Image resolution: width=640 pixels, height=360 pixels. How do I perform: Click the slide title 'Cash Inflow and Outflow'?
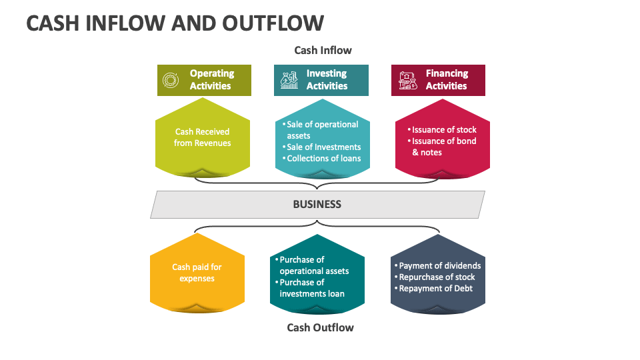click(x=175, y=23)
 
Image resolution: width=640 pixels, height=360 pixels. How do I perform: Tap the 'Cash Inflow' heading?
click(x=323, y=50)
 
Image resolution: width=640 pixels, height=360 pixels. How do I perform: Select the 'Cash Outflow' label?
click(x=320, y=327)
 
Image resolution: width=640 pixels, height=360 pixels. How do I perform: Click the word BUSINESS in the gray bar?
click(x=317, y=204)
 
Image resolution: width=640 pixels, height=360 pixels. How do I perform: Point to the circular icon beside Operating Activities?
click(x=170, y=80)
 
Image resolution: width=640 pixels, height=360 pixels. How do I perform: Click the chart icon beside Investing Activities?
click(x=289, y=80)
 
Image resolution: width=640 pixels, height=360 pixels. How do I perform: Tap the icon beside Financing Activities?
click(x=408, y=81)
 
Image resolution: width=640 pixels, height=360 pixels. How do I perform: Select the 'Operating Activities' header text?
click(x=211, y=79)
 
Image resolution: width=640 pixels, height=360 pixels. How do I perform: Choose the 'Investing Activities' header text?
click(x=327, y=79)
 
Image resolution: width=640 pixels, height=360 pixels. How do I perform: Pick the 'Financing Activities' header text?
click(x=447, y=79)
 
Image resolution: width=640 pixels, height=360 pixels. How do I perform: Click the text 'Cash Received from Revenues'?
click(x=203, y=137)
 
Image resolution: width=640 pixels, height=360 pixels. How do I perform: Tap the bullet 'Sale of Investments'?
click(x=321, y=147)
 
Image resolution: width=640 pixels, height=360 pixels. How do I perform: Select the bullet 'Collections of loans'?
click(x=321, y=159)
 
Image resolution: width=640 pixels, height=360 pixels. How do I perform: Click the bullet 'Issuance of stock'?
click(x=442, y=130)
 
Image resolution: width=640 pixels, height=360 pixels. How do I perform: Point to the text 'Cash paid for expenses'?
click(x=197, y=273)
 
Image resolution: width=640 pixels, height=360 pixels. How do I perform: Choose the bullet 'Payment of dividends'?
click(x=437, y=266)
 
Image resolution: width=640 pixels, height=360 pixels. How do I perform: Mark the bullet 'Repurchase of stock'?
click(x=435, y=277)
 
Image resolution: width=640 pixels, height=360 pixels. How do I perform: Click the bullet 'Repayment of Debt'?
click(x=433, y=289)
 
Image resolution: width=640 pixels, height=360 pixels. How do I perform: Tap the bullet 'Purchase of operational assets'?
click(x=312, y=265)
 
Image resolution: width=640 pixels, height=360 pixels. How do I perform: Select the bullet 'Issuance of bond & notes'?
click(x=442, y=147)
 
